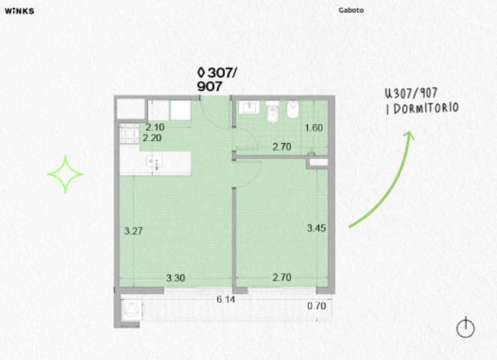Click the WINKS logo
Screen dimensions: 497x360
tap(19, 11)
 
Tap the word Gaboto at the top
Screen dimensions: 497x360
tap(351, 10)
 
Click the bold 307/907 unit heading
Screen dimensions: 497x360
tap(217, 79)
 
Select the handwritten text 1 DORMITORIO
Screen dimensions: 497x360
tap(422, 109)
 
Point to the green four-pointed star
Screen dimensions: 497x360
tap(65, 174)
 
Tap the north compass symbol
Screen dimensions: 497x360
tap(465, 327)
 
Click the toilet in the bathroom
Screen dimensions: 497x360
tap(272, 111)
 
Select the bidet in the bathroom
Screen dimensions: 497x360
tap(292, 110)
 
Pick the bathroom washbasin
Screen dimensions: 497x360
tap(248, 107)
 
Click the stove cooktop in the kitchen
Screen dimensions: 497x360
tap(129, 133)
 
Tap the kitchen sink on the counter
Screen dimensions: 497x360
tap(155, 162)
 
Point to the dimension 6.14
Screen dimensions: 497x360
tap(226, 299)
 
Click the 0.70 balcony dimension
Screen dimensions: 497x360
tap(317, 306)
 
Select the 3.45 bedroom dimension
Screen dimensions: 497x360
tap(317, 228)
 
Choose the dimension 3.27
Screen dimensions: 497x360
tap(133, 231)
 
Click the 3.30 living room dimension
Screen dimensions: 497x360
tap(176, 278)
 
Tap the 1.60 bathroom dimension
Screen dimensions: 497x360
tap(314, 128)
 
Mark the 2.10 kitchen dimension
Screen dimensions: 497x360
tap(155, 127)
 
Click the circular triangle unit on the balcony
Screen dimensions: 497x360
tap(131, 309)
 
